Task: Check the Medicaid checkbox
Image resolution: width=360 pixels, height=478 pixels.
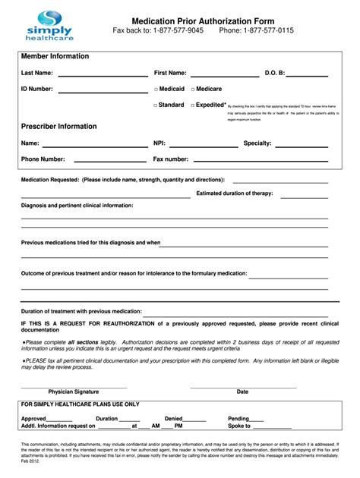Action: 156,90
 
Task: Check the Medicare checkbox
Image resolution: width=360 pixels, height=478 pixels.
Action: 194,90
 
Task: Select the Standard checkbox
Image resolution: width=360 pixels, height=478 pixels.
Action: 156,105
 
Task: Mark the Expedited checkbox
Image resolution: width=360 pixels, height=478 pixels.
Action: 193,105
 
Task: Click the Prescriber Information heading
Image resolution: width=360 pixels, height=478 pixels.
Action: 58,126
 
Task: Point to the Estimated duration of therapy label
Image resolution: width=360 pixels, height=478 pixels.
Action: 234,193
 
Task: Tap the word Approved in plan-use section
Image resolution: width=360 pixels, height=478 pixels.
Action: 33,418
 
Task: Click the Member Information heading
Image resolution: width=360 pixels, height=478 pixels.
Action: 55,56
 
